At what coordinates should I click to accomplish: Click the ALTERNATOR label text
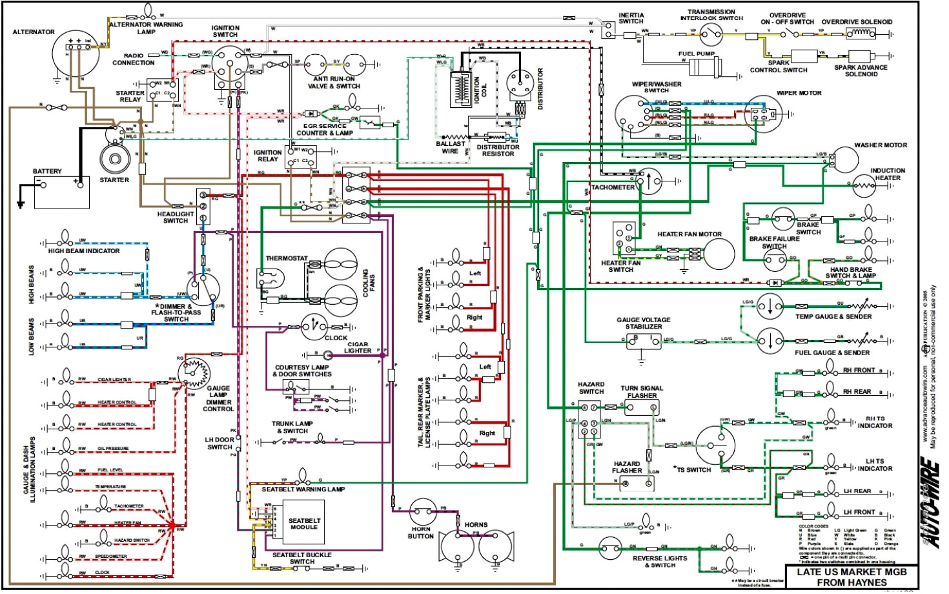[34, 32]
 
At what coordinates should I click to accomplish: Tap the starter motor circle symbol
[115, 158]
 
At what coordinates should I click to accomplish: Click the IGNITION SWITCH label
[225, 31]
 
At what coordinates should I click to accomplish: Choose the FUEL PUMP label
[696, 54]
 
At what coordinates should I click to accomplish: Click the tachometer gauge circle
[649, 181]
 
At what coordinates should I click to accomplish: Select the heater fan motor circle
[719, 254]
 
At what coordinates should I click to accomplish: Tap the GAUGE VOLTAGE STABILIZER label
[643, 323]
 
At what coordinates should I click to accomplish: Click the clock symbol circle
[314, 327]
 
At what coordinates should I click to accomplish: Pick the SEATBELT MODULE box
[303, 524]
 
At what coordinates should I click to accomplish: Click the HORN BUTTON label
[420, 533]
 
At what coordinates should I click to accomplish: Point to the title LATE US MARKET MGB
[852, 572]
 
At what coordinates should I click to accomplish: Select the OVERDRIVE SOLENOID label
[857, 22]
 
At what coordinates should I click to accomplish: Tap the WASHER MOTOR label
[880, 145]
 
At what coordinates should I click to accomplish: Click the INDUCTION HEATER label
[888, 174]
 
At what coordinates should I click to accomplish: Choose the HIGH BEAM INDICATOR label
[84, 251]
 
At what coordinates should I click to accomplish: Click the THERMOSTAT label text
[287, 258]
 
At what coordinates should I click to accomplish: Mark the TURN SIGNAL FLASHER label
[642, 392]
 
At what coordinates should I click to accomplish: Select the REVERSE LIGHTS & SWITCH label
[659, 561]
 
